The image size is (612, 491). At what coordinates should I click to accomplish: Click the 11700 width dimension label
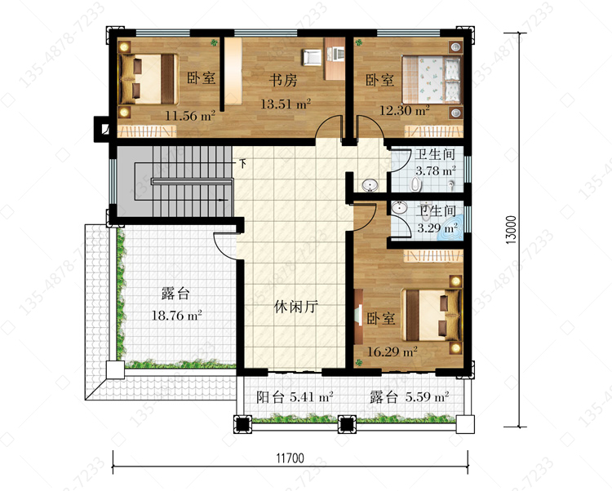[290, 458]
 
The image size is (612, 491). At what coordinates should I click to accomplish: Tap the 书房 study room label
[283, 81]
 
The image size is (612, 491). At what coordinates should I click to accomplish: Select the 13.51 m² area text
[286, 104]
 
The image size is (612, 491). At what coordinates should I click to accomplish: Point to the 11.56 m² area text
[189, 116]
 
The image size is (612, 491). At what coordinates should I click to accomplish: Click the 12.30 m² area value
[405, 110]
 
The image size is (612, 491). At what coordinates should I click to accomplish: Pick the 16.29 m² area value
[392, 352]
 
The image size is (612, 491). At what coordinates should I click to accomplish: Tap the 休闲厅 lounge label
[296, 307]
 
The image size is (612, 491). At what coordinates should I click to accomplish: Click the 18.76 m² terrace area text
[176, 315]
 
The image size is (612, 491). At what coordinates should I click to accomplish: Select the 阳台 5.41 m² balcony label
[295, 397]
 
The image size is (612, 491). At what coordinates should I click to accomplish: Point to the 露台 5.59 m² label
[409, 397]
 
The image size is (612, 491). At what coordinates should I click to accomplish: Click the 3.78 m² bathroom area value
[436, 170]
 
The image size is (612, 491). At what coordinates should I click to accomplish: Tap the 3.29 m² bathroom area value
[437, 228]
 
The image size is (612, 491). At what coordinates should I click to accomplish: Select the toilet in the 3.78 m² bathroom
[416, 185]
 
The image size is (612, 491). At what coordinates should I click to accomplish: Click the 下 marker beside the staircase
[243, 163]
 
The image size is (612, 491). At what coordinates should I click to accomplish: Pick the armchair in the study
[311, 58]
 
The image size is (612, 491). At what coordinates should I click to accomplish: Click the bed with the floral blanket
[432, 80]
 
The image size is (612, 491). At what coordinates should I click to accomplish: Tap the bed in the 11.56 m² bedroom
[149, 79]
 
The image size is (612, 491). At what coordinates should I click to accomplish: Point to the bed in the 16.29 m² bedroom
[432, 315]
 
